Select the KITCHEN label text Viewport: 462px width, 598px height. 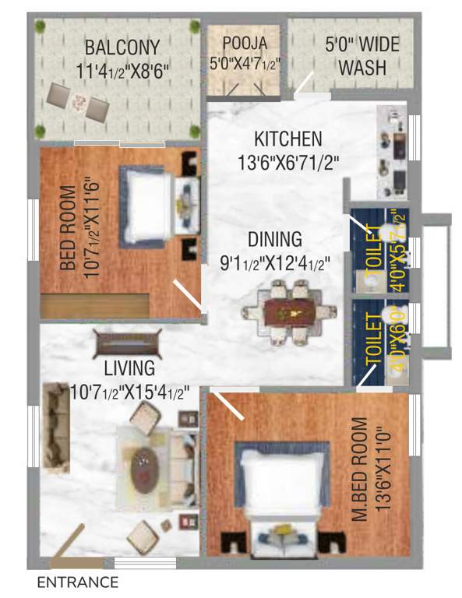287,140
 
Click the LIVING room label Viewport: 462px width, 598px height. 130,367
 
